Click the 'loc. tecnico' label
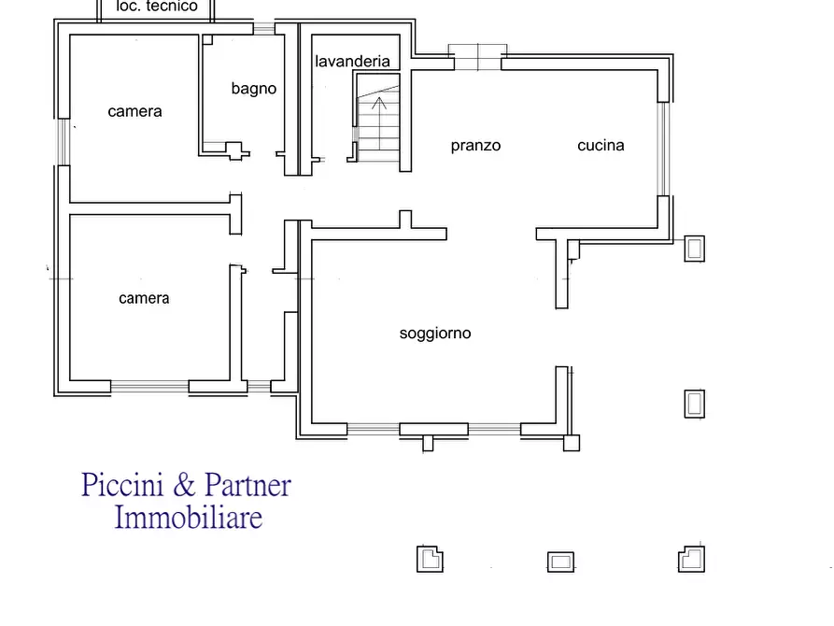157,6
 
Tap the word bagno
254,89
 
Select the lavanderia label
352,62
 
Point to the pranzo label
475,146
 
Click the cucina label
601,146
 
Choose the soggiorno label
435,334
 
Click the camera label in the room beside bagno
134,111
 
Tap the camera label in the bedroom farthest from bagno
144,298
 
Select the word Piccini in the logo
122,485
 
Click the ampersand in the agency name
184,484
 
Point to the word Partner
247,485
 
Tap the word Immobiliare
189,518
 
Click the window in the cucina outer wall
663,149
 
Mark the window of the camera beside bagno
64,142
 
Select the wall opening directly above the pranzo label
477,58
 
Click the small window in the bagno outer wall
263,28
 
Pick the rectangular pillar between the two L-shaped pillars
560,562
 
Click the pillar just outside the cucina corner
694,249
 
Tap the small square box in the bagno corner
207,39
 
